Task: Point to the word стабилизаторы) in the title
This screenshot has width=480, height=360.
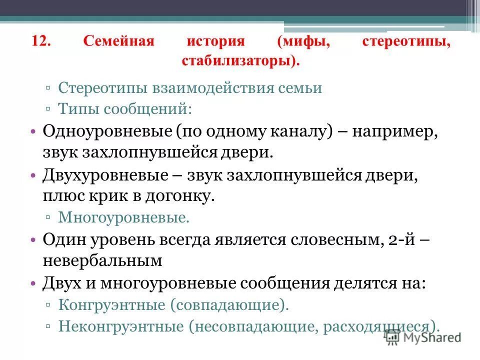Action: (241, 61)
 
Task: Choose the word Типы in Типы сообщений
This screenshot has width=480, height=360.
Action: (75, 107)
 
